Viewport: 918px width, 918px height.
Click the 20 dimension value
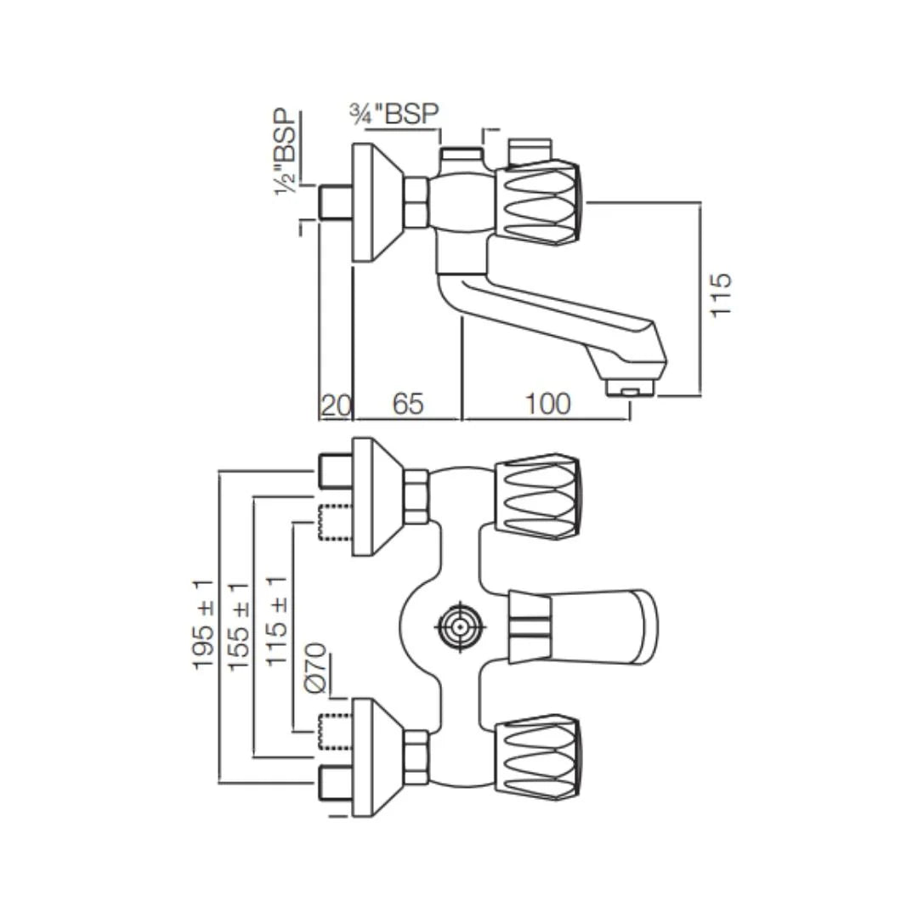(335, 405)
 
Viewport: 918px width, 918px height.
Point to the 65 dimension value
(407, 405)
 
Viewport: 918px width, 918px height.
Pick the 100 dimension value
(547, 405)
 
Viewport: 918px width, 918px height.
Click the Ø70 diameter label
(314, 672)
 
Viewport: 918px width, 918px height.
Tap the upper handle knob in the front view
(539, 498)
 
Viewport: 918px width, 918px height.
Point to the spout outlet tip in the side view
(629, 389)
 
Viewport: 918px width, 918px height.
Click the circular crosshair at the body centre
(461, 628)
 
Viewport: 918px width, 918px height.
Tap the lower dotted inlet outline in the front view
(335, 732)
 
